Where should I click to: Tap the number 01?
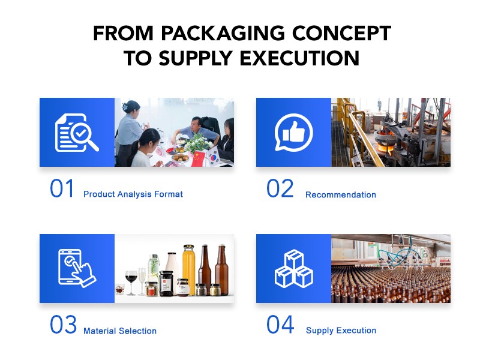click(x=62, y=189)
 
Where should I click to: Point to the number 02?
click(x=280, y=189)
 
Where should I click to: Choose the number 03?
click(x=63, y=325)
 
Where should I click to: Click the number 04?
click(x=280, y=325)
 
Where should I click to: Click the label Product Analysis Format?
click(x=133, y=194)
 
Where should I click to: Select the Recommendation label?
click(x=341, y=195)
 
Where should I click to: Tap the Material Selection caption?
click(x=120, y=331)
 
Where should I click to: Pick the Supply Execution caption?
click(x=341, y=331)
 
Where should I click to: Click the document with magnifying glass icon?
click(x=77, y=132)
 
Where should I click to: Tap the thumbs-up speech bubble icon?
click(x=293, y=132)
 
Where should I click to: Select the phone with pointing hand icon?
click(x=77, y=269)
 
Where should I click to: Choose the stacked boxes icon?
click(x=293, y=269)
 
